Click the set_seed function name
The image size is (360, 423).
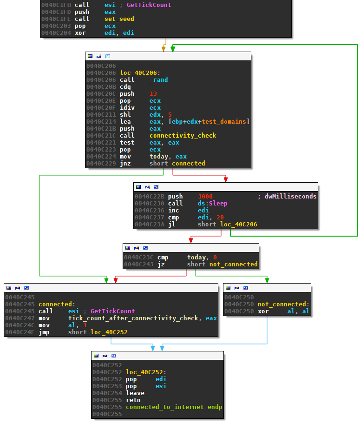[119, 19]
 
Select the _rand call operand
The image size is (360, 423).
[158, 80]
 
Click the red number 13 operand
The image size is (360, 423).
[153, 93]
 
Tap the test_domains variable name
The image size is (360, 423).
[224, 122]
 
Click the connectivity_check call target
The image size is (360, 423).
[183, 135]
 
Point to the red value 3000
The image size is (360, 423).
[205, 196]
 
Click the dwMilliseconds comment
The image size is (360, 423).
[290, 196]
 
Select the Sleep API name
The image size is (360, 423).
[218, 204]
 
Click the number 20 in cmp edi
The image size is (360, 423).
[220, 218]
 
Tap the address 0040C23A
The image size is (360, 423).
[150, 225]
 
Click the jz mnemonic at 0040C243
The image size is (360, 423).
[161, 264]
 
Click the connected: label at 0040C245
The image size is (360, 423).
[57, 304]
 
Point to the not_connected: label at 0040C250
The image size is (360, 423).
[283, 304]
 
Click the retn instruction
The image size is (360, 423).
[133, 400]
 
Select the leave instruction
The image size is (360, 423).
[135, 393]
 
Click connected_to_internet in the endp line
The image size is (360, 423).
[165, 407]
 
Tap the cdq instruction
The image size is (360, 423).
[125, 87]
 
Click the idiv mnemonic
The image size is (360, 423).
[127, 108]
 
